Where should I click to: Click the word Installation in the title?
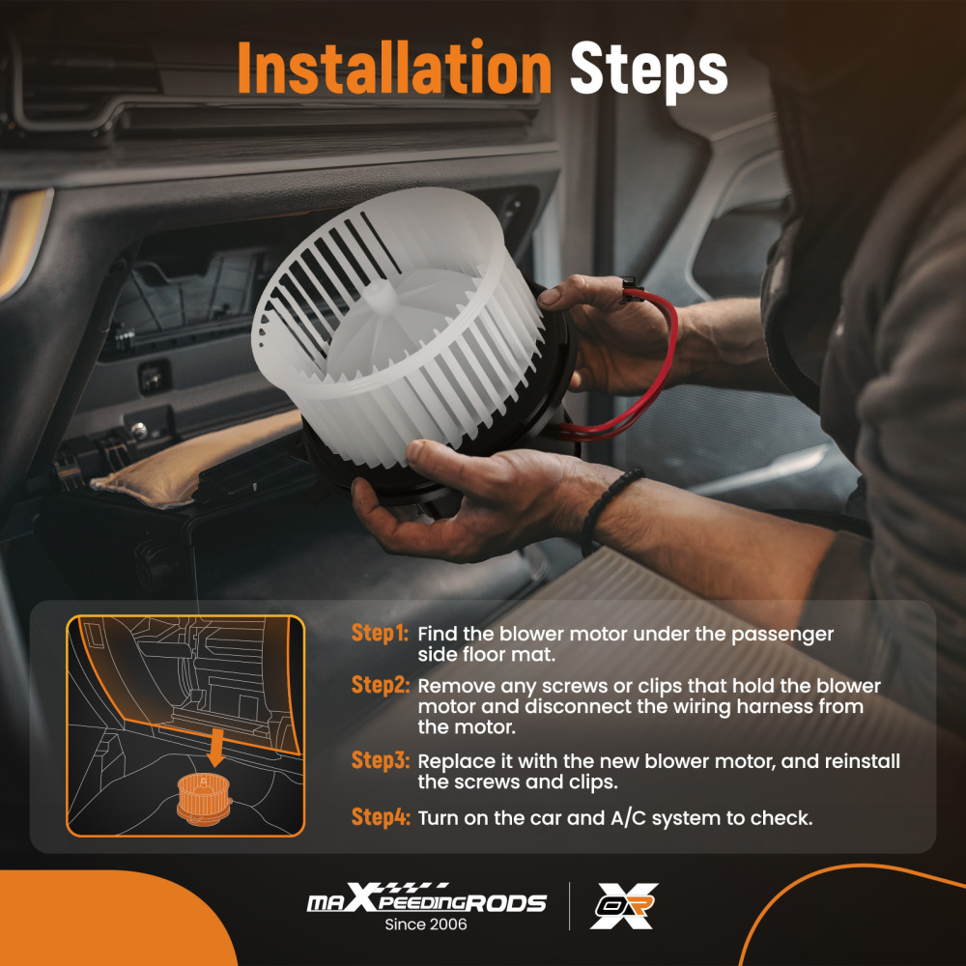click(394, 68)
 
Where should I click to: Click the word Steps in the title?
click(649, 71)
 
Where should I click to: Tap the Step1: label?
click(380, 634)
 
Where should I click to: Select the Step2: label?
click(380, 685)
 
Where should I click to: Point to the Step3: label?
click(380, 760)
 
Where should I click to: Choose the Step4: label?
click(380, 817)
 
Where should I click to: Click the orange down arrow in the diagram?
click(215, 746)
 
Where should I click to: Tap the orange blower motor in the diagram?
click(204, 799)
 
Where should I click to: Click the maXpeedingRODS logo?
click(426, 897)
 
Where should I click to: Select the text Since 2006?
click(426, 924)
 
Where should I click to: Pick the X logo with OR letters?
click(624, 906)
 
